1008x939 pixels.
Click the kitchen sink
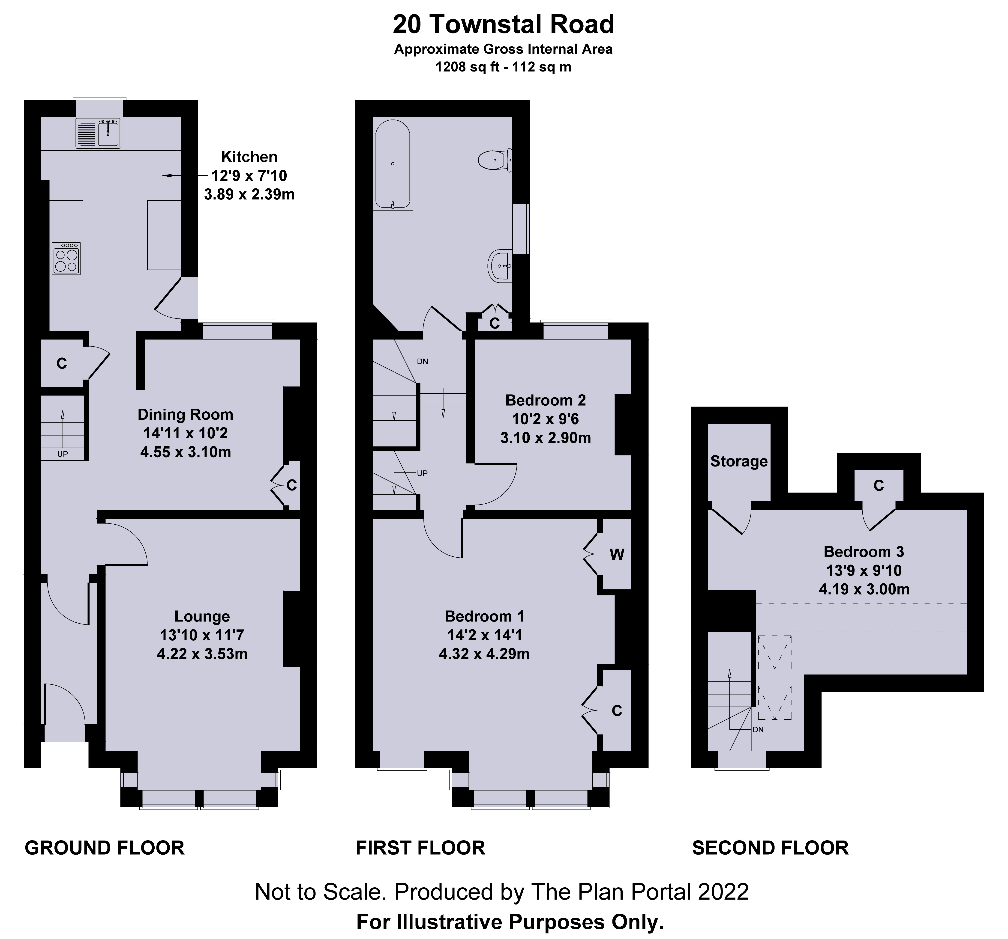(x=98, y=133)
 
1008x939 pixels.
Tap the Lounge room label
(x=202, y=616)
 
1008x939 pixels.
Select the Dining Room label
(x=186, y=415)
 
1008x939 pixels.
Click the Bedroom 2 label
(x=546, y=400)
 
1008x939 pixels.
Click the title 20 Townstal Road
(x=504, y=24)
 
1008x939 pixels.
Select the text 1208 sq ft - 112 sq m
(x=504, y=67)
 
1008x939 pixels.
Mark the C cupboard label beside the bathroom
(x=494, y=323)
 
